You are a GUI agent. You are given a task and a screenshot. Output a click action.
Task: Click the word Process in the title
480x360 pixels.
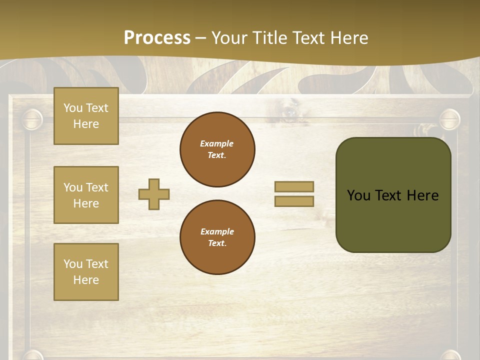coord(157,38)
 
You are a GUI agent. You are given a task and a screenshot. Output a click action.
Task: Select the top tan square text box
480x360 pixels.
coord(86,116)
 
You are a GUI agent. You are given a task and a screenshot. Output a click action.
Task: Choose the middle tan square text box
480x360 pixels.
coord(86,195)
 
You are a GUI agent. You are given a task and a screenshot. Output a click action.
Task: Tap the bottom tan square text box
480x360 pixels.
coord(86,272)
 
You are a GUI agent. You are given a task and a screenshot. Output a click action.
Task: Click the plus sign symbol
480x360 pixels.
coord(154,194)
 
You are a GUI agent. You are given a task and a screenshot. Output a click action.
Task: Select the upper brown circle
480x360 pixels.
coord(217,149)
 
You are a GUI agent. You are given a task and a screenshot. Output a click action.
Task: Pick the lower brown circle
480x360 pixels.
coord(217,237)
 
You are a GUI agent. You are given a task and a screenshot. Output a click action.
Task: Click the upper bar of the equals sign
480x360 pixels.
coord(294,186)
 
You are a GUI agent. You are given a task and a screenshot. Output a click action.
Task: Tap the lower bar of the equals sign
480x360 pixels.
coord(294,201)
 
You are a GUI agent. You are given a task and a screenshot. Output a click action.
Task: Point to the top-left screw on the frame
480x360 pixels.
coord(32,119)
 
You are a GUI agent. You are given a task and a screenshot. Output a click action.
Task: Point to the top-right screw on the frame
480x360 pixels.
coord(449,119)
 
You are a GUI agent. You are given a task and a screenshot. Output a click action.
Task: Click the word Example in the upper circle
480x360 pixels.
coord(217,143)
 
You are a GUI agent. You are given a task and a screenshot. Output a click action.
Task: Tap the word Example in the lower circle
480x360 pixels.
coord(217,231)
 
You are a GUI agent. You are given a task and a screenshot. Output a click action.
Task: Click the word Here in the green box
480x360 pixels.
coord(422,195)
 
